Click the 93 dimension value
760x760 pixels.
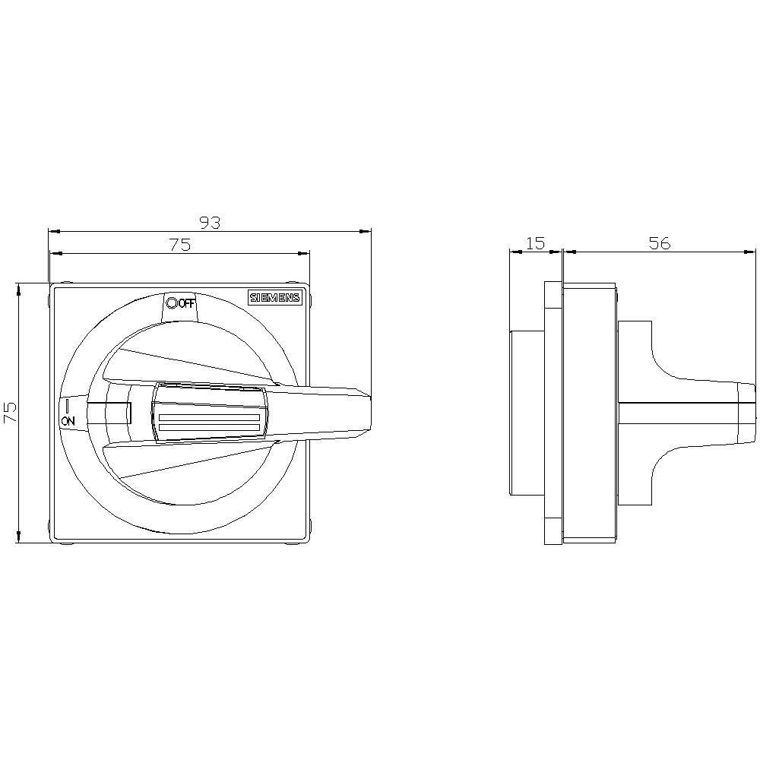tap(211, 223)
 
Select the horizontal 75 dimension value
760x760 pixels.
tap(180, 245)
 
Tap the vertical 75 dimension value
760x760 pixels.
tap(10, 412)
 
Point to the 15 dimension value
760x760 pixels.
tap(536, 243)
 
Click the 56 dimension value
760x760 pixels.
tap(660, 243)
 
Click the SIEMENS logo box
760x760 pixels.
tap(275, 298)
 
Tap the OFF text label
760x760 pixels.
tap(187, 304)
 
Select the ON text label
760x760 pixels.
tap(68, 421)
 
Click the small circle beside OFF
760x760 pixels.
tap(171, 303)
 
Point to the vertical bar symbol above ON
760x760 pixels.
tap(68, 406)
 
